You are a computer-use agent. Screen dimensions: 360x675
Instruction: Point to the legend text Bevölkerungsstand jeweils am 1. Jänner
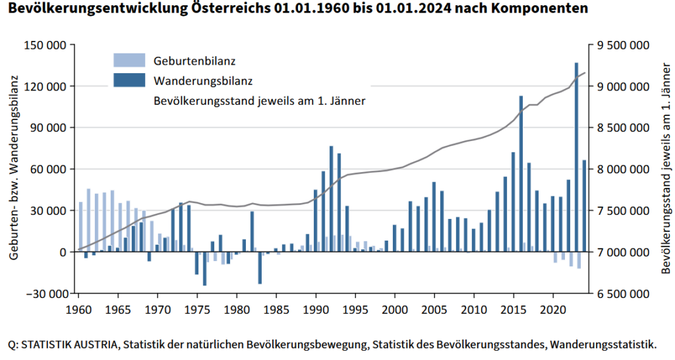pyautogui.click(x=259, y=101)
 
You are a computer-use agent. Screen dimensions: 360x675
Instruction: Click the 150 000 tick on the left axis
pyautogui.click(x=46, y=45)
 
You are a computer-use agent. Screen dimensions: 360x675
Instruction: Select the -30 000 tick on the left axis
pyautogui.click(x=46, y=293)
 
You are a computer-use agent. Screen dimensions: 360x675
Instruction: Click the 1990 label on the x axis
pyautogui.click(x=316, y=309)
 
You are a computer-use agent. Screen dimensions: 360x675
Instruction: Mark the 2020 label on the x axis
pyautogui.click(x=554, y=309)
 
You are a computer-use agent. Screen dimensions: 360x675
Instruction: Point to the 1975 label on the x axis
pyautogui.click(x=197, y=309)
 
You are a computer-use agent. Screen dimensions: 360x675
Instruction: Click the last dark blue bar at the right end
pyautogui.click(x=584, y=206)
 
